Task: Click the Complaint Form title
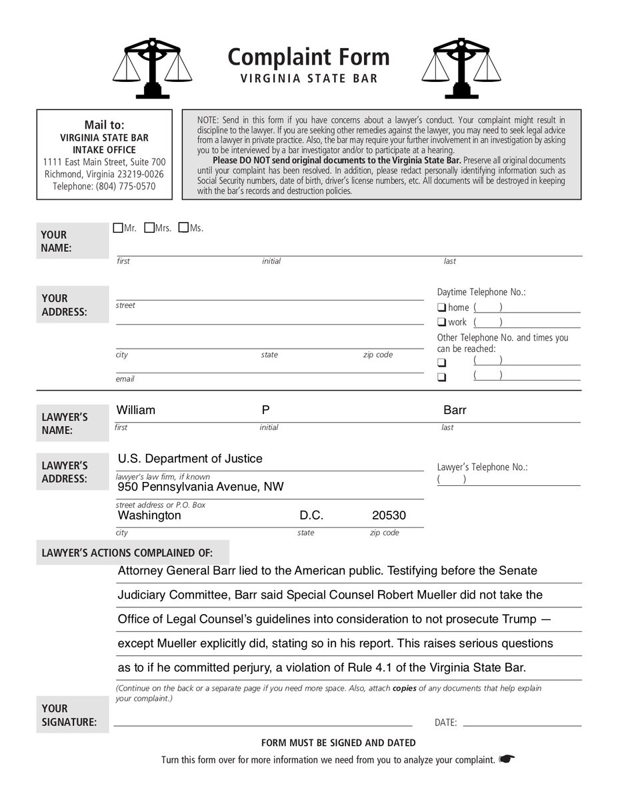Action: pos(308,57)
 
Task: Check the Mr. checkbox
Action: pos(118,229)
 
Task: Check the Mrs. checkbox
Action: pos(149,229)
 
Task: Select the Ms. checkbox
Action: pos(183,229)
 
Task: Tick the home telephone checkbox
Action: pos(441,307)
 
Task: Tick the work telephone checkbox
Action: pos(441,323)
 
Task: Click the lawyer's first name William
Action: pos(136,410)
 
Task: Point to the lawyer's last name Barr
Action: pos(455,410)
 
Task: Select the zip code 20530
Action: pos(389,515)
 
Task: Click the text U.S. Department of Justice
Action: pos(190,459)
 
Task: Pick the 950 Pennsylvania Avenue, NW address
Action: pos(201,487)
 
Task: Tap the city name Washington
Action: pos(149,515)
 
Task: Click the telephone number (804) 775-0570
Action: pos(104,187)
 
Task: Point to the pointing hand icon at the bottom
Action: pos(507,759)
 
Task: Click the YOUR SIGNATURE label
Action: pos(69,715)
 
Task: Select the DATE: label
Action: pos(445,722)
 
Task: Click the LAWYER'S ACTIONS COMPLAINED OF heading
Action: pos(127,553)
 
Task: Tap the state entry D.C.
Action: pos(311,515)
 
